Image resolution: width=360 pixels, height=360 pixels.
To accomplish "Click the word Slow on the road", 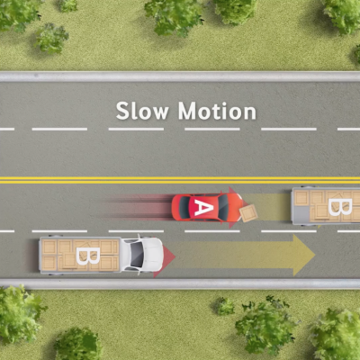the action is click(x=142, y=111).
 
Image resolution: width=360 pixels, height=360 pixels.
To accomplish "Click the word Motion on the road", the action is click(x=217, y=111).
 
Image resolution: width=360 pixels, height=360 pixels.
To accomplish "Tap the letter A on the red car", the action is click(x=202, y=207).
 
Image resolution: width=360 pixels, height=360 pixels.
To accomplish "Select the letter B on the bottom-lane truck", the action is click(x=87, y=256).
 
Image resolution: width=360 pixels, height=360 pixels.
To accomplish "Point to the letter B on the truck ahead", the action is click(x=340, y=207).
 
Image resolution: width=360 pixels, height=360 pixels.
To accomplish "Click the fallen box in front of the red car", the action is click(x=248, y=213).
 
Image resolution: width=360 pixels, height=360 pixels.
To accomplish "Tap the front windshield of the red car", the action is click(x=223, y=207).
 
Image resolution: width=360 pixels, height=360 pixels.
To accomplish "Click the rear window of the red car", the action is click(x=184, y=207).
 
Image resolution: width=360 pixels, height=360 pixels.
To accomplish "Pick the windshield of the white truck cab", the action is click(x=137, y=255).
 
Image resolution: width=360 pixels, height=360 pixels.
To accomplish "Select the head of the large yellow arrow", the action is click(x=304, y=255).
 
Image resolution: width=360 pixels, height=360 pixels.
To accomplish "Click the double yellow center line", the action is click(x=180, y=180).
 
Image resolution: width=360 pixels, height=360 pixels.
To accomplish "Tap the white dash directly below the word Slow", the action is click(x=136, y=129).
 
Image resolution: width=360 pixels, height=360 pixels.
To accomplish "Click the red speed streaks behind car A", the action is click(x=137, y=207).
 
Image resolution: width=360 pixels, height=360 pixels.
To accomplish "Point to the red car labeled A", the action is click(x=207, y=207).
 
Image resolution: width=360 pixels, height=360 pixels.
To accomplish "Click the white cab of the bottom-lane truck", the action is click(x=142, y=255).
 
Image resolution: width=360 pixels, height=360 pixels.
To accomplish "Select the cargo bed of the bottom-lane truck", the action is click(x=80, y=256).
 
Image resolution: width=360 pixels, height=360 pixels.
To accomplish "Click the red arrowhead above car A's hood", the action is click(x=233, y=190).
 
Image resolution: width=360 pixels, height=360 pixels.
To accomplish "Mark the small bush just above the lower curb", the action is click(x=224, y=306).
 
